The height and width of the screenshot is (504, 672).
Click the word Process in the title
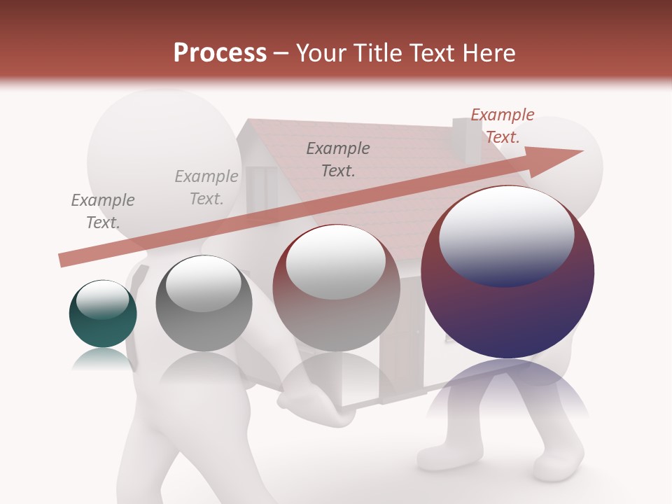pyautogui.click(x=220, y=53)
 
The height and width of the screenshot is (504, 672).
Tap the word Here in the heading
pyautogui.click(x=489, y=53)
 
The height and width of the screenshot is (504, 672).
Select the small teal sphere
pyautogui.click(x=103, y=314)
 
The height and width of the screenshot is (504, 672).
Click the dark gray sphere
pyautogui.click(x=204, y=304)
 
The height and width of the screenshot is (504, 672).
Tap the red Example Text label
pyautogui.click(x=502, y=126)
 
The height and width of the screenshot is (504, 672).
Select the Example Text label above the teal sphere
pyautogui.click(x=102, y=211)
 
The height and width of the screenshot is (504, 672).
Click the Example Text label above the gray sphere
pyautogui.click(x=206, y=187)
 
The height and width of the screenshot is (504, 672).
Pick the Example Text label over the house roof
pyautogui.click(x=338, y=159)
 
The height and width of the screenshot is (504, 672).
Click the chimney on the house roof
pyautogui.click(x=462, y=140)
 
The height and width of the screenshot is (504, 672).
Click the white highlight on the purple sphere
pyautogui.click(x=506, y=232)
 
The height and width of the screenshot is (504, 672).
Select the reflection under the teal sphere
pyautogui.click(x=103, y=358)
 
